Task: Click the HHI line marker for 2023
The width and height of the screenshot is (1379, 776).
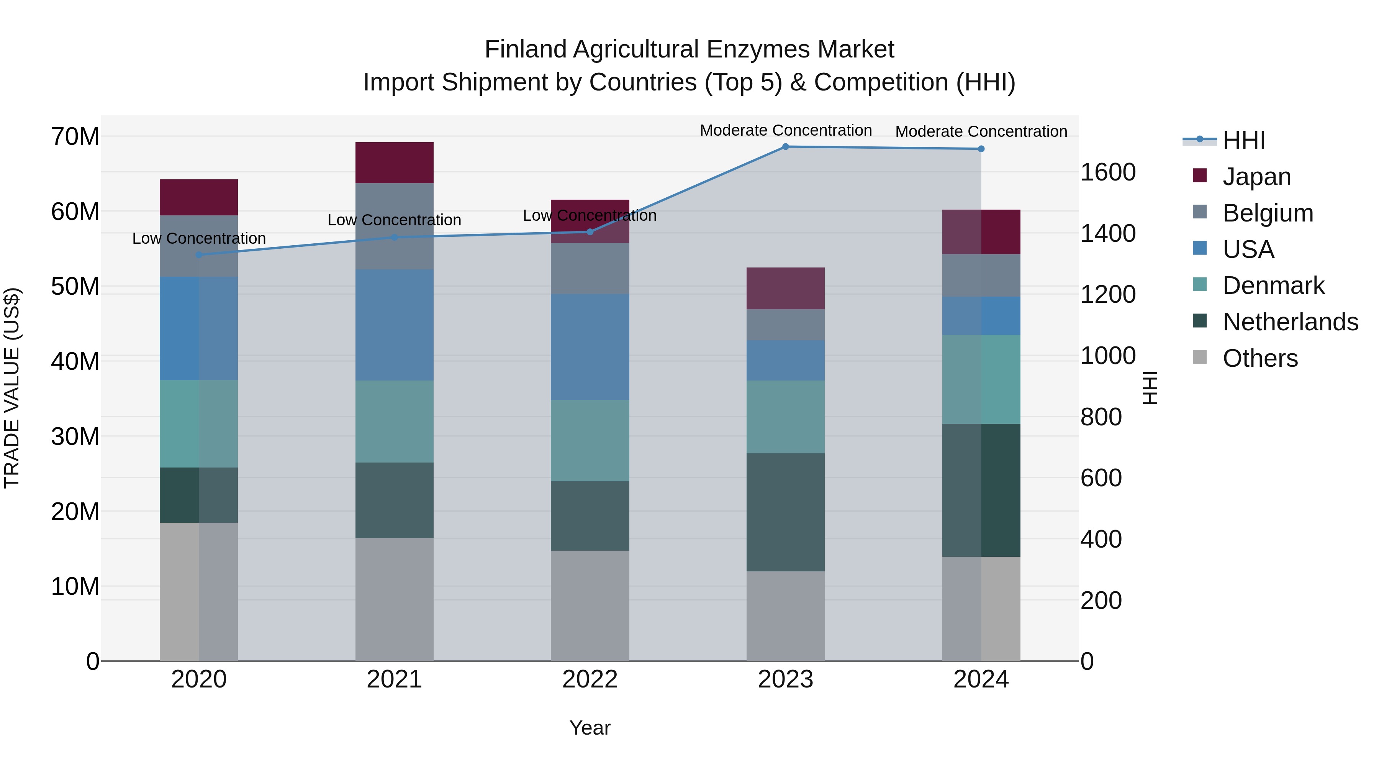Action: click(785, 147)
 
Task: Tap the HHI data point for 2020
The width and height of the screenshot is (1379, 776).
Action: click(199, 255)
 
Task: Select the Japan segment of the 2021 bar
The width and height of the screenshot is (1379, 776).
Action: click(395, 163)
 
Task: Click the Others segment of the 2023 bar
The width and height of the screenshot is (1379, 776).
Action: click(785, 616)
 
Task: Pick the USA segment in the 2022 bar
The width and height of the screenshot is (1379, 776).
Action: click(590, 347)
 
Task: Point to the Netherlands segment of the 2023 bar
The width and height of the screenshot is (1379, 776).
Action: click(785, 512)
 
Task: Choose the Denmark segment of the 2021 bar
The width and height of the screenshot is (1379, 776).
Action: click(395, 422)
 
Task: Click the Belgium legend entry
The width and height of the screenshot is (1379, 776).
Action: click(1268, 213)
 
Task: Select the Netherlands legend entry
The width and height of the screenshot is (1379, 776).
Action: click(1290, 322)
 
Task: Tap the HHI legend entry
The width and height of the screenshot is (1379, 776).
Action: click(1243, 140)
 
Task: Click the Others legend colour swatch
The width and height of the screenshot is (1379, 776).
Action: click(1200, 357)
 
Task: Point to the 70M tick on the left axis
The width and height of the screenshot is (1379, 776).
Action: click(75, 136)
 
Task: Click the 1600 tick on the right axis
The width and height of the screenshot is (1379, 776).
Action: click(1107, 172)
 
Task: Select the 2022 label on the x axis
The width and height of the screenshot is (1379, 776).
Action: click(590, 679)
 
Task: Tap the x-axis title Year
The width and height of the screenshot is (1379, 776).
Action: click(590, 728)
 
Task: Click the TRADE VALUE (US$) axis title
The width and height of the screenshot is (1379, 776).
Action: click(12, 388)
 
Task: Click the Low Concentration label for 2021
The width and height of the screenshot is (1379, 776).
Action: click(395, 220)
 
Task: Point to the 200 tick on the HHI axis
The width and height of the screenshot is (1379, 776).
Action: click(1101, 600)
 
